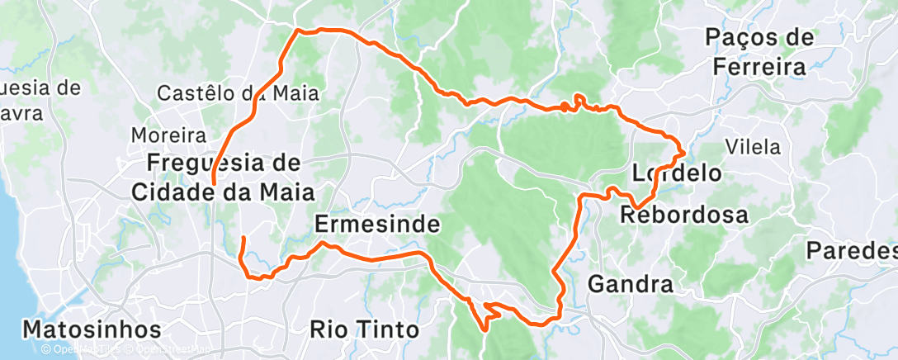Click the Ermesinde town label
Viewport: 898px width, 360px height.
pos(376,224)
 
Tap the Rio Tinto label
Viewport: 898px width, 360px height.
pos(364,329)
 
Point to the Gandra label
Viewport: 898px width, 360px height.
pos(630,286)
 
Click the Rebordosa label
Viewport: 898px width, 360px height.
pos(683,216)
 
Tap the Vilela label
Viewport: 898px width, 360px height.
pos(752,147)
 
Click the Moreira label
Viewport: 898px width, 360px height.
pos(168,135)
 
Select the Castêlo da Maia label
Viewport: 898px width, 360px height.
pos(238,93)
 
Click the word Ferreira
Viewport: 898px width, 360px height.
pos(759,67)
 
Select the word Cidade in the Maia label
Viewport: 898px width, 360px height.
pos(173,192)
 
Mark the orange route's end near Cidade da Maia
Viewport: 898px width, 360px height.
pos(214,182)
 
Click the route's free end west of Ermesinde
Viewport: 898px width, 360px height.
pos(243,239)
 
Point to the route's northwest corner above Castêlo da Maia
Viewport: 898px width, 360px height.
pos(297,31)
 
